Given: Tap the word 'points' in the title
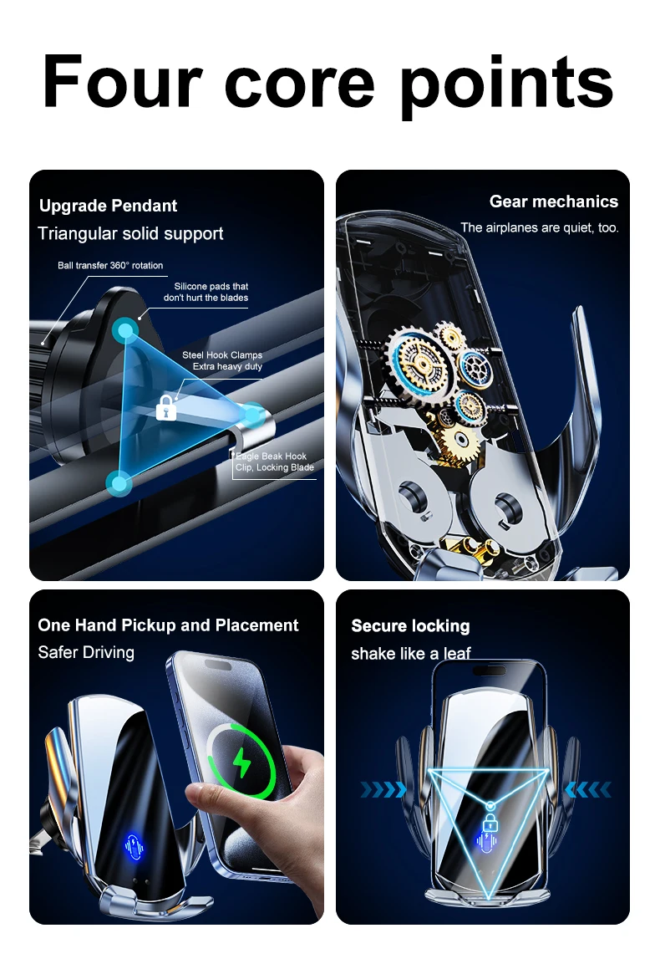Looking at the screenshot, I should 508,84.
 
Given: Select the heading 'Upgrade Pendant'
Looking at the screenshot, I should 108,206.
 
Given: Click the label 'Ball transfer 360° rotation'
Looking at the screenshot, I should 110,266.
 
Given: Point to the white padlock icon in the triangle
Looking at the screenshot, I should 165,408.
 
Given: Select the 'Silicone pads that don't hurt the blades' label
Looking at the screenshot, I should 206,292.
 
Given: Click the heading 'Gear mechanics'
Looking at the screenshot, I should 553,201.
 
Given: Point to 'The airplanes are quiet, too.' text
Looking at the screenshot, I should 540,227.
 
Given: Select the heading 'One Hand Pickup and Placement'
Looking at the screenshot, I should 168,625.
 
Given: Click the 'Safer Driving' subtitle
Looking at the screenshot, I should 86,652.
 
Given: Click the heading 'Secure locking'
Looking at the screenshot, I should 410,626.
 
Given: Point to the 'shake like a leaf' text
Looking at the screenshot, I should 411,653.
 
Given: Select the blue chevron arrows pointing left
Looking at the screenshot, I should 588,789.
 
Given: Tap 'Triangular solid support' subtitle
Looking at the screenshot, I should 130,234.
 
